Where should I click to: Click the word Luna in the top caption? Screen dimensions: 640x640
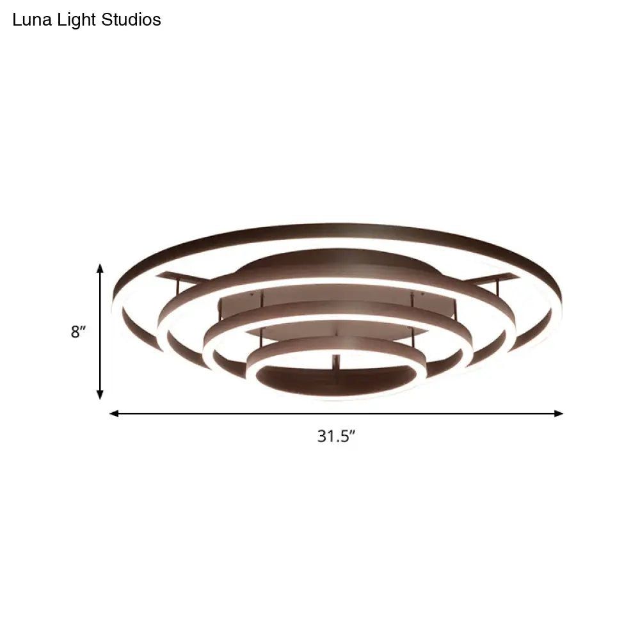(x=29, y=20)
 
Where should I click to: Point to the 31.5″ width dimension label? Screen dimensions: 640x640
(x=336, y=436)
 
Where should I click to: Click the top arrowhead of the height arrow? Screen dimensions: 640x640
(x=100, y=268)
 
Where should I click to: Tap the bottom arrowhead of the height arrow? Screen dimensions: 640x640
(x=100, y=396)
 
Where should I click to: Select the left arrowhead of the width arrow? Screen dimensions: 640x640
(x=114, y=413)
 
